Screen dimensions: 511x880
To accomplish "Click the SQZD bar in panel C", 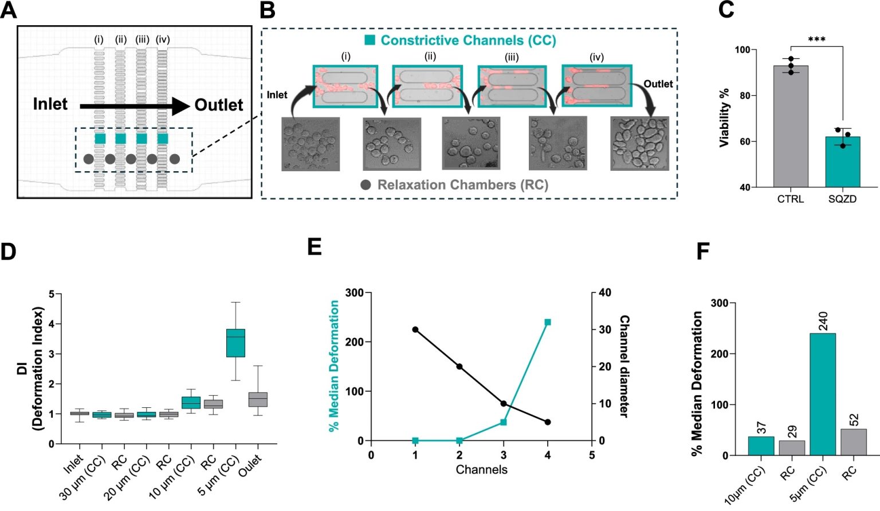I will click(x=842, y=162).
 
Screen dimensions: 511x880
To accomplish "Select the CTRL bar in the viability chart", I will click(x=791, y=127).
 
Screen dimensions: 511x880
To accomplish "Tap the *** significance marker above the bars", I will click(x=816, y=40).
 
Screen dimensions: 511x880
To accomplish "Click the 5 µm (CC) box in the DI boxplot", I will click(x=235, y=343).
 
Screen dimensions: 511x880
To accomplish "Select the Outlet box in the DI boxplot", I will click(x=258, y=399).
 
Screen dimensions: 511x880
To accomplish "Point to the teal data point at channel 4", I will click(x=548, y=323).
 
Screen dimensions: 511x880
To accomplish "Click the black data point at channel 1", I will click(x=415, y=329).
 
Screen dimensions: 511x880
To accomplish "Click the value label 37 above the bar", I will click(x=761, y=428).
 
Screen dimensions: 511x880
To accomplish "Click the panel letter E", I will click(x=315, y=247).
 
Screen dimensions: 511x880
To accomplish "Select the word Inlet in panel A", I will click(x=50, y=104).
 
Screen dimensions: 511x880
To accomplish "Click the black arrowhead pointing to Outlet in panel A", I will click(x=180, y=106).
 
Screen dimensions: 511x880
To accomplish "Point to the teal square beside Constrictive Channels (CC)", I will click(x=370, y=40).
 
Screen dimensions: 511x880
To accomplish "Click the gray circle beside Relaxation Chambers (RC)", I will click(x=366, y=185).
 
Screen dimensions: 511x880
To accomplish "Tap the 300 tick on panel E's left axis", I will click(x=355, y=293).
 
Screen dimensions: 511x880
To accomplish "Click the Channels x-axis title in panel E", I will click(x=481, y=470).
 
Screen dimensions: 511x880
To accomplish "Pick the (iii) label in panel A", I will click(x=142, y=40).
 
